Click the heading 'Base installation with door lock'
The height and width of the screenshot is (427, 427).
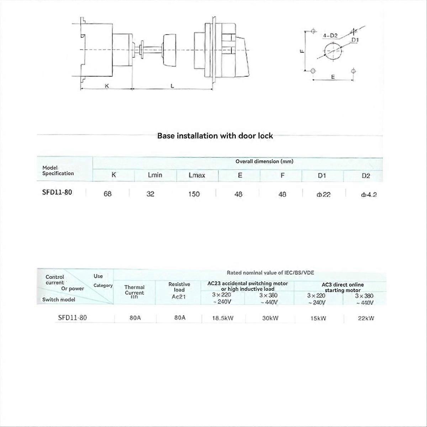[x=215, y=136]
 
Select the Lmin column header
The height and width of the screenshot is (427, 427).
[x=155, y=175]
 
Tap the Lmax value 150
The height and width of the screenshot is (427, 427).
[x=194, y=194]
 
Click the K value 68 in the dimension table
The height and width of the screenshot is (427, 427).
[x=107, y=194]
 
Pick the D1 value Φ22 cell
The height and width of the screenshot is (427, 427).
[x=323, y=194]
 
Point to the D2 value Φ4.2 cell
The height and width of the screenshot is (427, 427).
[x=368, y=195]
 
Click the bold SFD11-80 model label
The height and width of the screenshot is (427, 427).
[x=57, y=192]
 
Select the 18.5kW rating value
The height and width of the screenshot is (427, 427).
[x=223, y=318]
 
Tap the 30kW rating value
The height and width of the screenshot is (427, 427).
[x=270, y=318]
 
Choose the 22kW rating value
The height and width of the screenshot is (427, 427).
[x=366, y=318]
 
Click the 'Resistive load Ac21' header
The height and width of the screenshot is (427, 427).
[x=179, y=290]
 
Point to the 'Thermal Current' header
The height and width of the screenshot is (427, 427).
[x=135, y=290]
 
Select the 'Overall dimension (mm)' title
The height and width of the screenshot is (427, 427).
[x=264, y=161]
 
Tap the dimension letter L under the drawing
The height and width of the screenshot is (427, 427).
[x=172, y=86]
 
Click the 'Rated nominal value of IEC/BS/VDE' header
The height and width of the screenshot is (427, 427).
[x=270, y=273]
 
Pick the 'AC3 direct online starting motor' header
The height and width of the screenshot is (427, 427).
[x=342, y=287]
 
